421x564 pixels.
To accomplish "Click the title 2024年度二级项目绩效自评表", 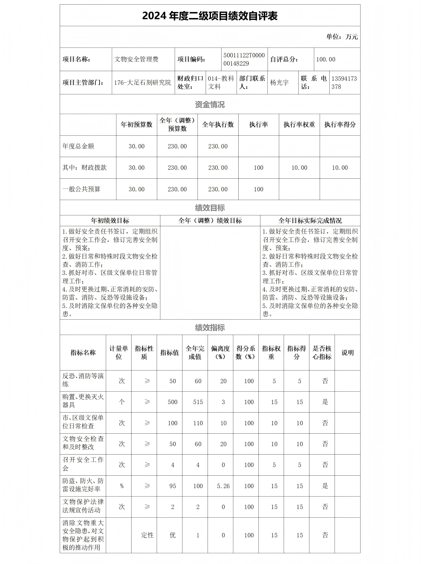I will [x=210, y=16].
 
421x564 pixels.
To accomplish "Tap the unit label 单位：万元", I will [x=342, y=37].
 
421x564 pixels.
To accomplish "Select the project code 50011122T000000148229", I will [x=244, y=59].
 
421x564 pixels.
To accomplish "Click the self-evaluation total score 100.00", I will [x=326, y=59].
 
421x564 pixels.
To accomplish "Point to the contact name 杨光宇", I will [x=279, y=83].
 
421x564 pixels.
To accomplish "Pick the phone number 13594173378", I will [x=344, y=83].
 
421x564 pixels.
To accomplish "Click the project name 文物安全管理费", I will [x=136, y=59].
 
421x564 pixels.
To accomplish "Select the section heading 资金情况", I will [x=210, y=104].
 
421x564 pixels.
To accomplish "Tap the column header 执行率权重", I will [x=299, y=125].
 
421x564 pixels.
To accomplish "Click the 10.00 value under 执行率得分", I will [x=340, y=168].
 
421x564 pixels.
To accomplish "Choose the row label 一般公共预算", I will [x=82, y=189].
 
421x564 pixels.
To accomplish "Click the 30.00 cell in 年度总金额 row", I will [x=136, y=146].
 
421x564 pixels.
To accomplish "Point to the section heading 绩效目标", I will [x=210, y=208].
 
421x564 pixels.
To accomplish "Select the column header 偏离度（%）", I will [x=220, y=352].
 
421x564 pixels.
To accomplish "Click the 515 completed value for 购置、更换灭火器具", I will [x=198, y=402].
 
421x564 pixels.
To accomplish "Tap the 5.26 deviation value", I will [x=223, y=486].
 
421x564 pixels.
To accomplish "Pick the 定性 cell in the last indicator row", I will [x=147, y=535].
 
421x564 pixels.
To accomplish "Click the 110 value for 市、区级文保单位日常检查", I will [x=198, y=423].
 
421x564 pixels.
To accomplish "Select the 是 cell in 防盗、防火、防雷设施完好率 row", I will [x=325, y=486].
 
